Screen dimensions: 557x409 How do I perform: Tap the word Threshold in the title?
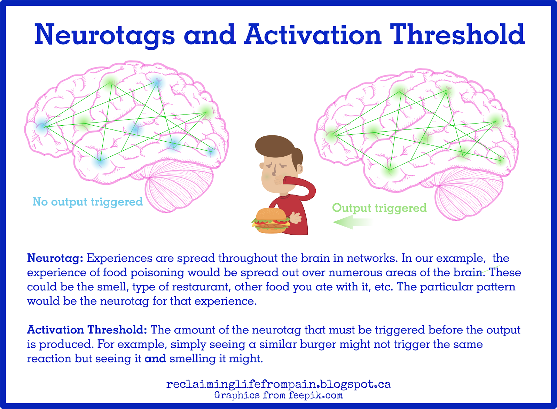tap(457, 34)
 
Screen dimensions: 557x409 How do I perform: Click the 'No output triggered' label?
tap(87, 202)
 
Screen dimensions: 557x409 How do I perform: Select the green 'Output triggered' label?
tap(379, 208)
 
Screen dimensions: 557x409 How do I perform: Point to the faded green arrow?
tap(353, 222)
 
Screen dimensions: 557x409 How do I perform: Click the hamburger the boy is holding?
tap(271, 221)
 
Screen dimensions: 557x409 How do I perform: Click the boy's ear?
tap(300, 168)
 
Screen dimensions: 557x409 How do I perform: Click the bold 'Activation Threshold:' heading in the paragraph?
tap(87, 330)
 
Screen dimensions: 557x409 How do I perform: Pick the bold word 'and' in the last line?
tap(155, 359)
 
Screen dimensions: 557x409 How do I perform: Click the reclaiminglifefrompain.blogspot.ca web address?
tap(278, 384)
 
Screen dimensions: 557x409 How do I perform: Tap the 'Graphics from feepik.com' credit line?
tap(278, 395)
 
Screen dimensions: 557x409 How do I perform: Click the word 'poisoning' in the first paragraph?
tap(157, 273)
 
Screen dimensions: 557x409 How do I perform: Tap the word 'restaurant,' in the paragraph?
tap(200, 287)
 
